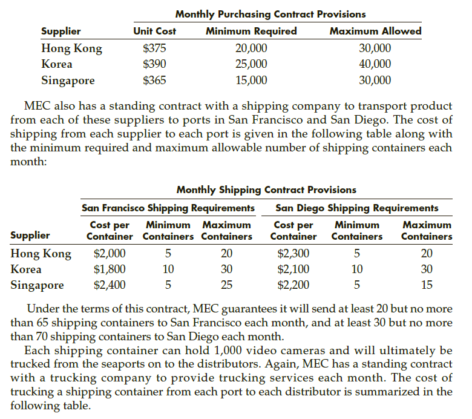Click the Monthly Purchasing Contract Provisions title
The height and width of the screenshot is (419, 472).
[270, 13]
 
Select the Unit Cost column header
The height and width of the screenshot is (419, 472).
[154, 31]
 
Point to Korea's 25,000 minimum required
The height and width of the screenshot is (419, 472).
[251, 64]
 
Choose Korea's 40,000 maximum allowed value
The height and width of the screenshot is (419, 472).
[375, 64]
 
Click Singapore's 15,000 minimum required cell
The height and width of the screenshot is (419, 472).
[251, 80]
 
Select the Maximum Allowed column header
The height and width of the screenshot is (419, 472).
[375, 31]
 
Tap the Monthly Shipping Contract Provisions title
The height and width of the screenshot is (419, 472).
[266, 190]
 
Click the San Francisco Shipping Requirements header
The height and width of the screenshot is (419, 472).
[168, 208]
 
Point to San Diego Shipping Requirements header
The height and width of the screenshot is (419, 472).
[357, 208]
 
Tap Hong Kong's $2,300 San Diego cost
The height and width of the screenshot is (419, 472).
[293, 253]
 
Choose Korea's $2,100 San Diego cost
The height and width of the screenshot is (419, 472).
[293, 269]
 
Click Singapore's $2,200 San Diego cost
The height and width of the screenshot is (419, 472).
[293, 285]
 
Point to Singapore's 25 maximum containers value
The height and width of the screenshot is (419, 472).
[226, 285]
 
